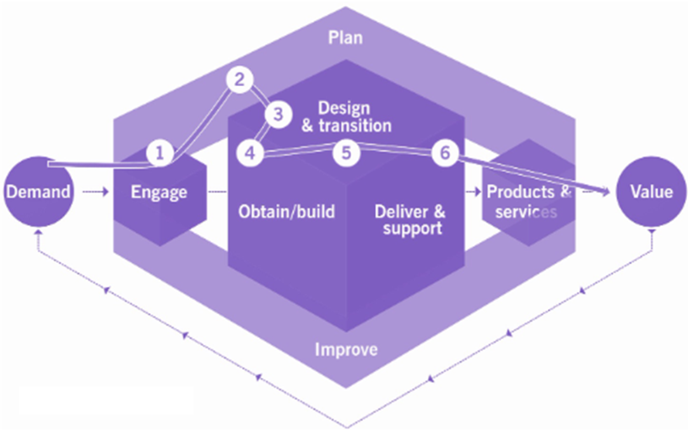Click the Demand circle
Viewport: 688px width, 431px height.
[x=39, y=191]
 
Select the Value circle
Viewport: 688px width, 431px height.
[x=651, y=191]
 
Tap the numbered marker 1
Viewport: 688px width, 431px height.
[x=160, y=153]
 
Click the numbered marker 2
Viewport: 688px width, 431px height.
[x=240, y=80]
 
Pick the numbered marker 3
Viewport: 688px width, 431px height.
[x=279, y=115]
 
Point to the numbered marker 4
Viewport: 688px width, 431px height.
[x=250, y=153]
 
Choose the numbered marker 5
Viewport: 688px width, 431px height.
[x=347, y=153]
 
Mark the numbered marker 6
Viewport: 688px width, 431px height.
[x=445, y=153]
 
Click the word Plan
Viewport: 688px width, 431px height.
[x=346, y=38]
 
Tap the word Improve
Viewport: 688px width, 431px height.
[x=346, y=349]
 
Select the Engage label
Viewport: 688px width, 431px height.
[x=160, y=192]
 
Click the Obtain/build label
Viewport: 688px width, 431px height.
[x=286, y=212]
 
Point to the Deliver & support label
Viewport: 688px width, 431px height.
[x=409, y=220]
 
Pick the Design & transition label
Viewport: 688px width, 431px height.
[x=346, y=116]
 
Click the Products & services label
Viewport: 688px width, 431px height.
[x=528, y=202]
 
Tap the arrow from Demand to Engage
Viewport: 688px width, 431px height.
[x=95, y=191]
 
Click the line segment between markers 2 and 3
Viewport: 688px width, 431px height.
[x=259, y=97]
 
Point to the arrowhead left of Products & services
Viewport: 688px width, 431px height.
[x=476, y=191]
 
